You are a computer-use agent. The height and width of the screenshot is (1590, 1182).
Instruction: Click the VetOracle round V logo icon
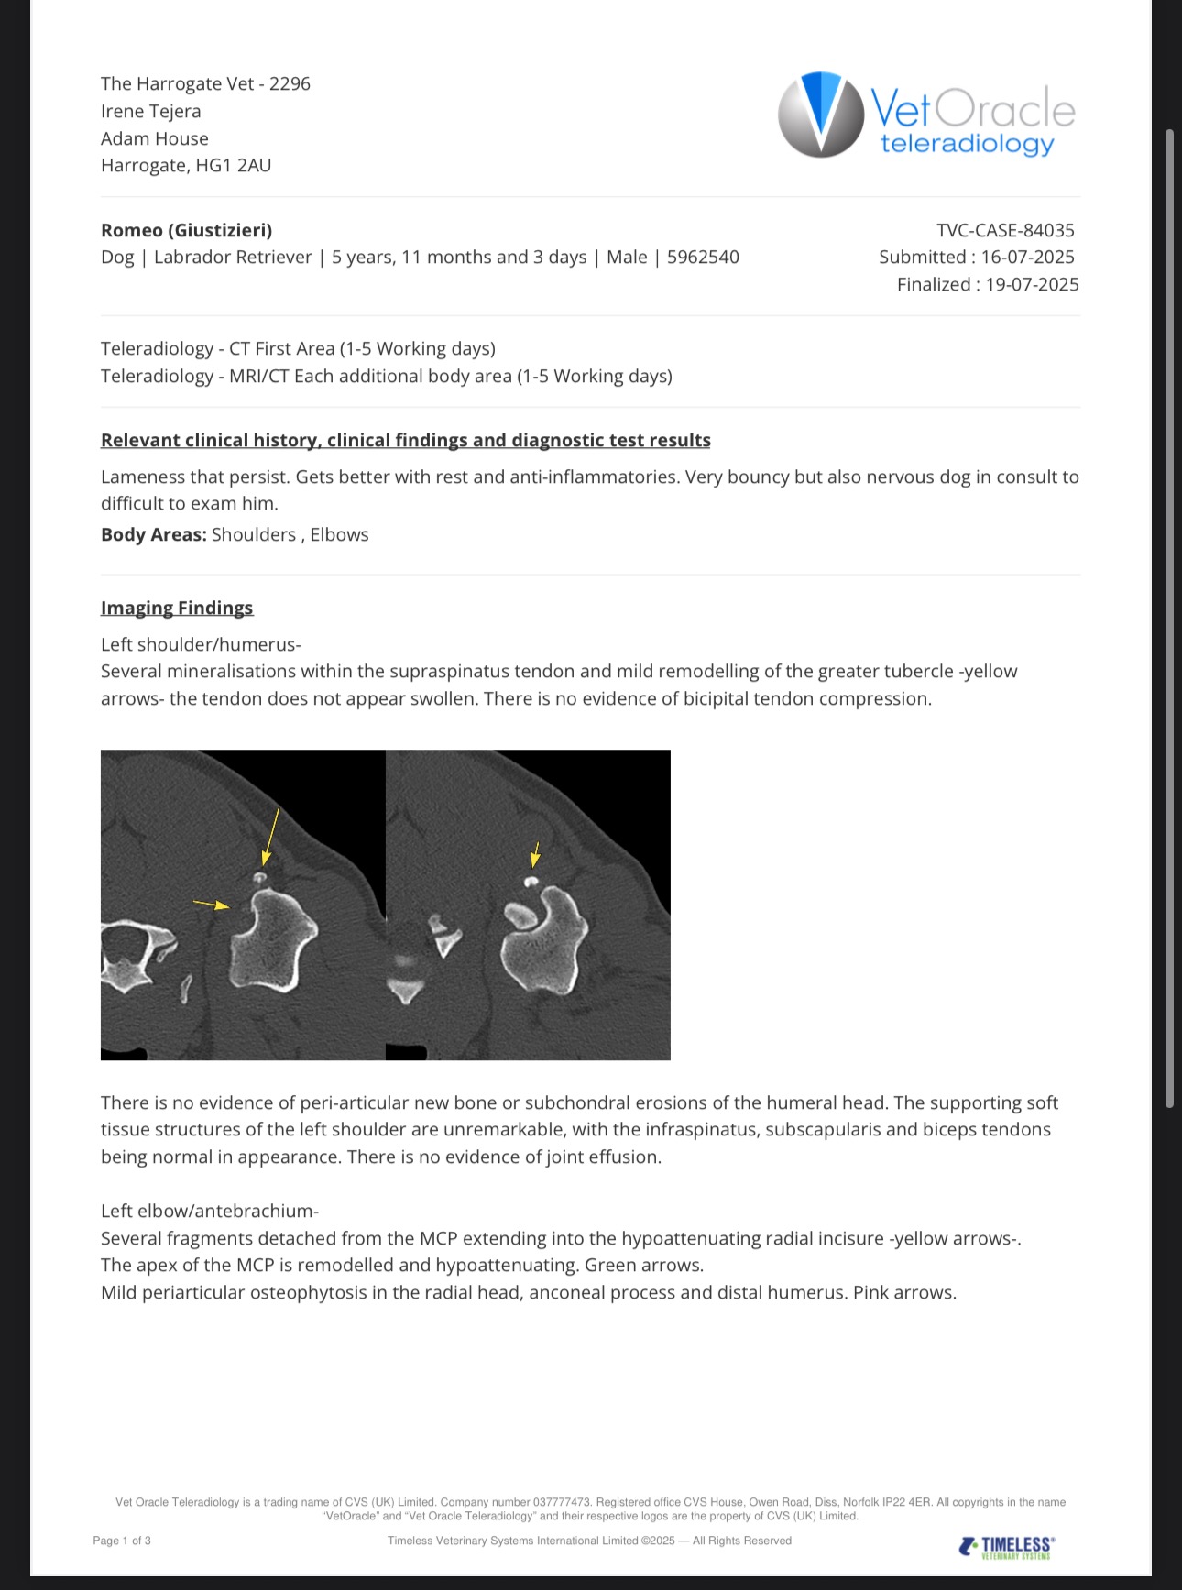[820, 115]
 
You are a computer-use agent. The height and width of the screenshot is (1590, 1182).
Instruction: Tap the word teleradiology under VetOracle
[967, 144]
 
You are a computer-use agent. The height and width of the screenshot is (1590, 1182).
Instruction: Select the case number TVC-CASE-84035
[1005, 230]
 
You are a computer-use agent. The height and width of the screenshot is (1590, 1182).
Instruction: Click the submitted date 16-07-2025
[1027, 258]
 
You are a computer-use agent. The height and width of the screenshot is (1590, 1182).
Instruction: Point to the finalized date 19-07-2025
[1032, 285]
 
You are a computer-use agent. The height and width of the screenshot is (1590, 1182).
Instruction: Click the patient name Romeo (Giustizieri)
[186, 230]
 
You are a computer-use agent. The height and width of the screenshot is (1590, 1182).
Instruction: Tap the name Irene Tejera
[151, 112]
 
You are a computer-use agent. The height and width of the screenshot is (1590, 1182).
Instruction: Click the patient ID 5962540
[703, 258]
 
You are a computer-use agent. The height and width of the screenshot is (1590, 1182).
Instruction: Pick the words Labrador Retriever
[233, 258]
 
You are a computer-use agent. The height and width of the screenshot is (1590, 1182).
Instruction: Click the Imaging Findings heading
[177, 609]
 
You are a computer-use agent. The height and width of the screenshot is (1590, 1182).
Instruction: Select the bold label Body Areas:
[153, 535]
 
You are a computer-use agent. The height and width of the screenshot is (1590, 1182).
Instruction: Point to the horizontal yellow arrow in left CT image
[212, 905]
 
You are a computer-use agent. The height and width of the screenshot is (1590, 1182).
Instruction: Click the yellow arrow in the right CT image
[536, 855]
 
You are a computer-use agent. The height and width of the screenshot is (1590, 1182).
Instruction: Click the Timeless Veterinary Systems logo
[1006, 1547]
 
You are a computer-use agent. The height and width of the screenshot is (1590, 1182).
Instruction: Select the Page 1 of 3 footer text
[122, 1541]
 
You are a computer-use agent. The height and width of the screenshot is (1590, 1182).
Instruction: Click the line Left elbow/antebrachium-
[210, 1212]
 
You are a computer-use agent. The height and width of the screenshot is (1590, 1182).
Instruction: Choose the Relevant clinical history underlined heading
[405, 441]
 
